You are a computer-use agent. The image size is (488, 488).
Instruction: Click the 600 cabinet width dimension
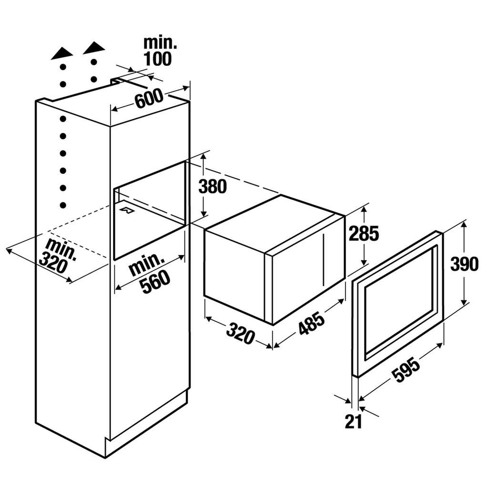(149, 99)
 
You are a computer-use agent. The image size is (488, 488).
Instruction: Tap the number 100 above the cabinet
(158, 59)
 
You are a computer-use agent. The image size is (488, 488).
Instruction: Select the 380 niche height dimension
(213, 186)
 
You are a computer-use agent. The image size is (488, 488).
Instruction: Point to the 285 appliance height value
(364, 233)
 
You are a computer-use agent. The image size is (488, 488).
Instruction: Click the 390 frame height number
(464, 264)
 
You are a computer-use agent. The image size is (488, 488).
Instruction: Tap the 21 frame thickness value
(353, 421)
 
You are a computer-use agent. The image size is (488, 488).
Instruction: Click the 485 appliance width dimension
(311, 324)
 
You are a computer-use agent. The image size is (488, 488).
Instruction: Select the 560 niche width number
(156, 282)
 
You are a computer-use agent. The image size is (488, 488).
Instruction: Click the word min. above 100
(160, 43)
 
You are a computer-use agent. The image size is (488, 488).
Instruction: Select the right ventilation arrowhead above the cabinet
(94, 46)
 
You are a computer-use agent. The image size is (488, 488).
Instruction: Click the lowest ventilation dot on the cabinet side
(63, 205)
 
